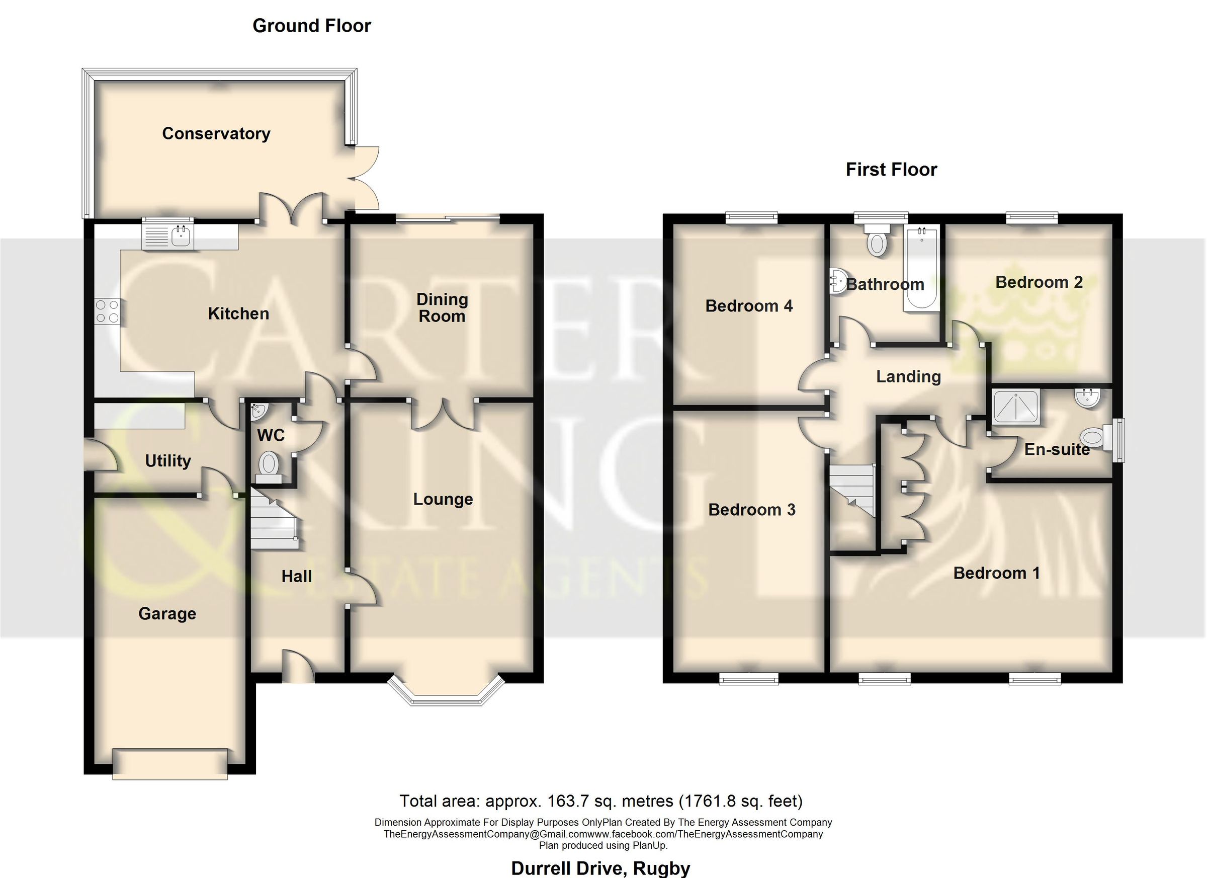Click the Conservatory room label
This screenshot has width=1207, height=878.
[x=216, y=133]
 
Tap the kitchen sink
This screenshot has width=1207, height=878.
[x=166, y=235]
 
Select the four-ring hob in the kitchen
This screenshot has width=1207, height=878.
[x=107, y=311]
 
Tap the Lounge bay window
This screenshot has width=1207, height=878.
[x=446, y=692]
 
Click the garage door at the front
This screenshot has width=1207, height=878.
[x=170, y=765]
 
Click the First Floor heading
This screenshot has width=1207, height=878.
[x=891, y=170]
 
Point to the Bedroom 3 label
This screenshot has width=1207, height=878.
[x=752, y=510]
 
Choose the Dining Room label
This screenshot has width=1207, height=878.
[x=442, y=308]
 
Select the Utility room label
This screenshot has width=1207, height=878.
[x=168, y=460]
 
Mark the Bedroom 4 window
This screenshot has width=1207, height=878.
[x=752, y=218]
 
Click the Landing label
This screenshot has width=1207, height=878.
[x=909, y=377]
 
